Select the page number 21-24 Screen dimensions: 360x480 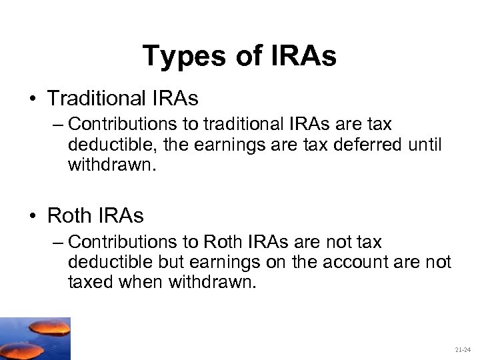click(462, 349)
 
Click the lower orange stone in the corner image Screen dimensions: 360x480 click(21, 349)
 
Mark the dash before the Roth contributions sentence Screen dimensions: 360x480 click(59, 242)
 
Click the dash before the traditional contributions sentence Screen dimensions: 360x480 click(59, 125)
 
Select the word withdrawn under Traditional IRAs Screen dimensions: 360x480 click(111, 164)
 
